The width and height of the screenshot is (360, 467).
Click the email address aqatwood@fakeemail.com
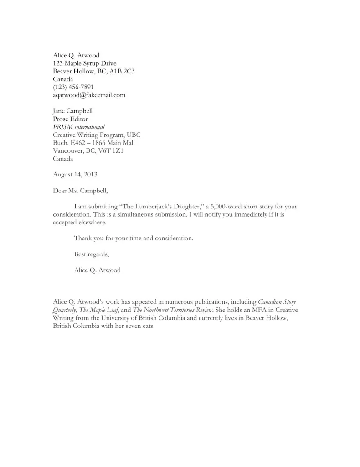pyautogui.click(x=89, y=95)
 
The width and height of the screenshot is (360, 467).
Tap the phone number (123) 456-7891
pyautogui.click(x=73, y=87)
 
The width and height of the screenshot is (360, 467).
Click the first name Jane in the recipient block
pyautogui.click(x=60, y=111)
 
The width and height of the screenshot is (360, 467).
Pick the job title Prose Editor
pyautogui.click(x=71, y=119)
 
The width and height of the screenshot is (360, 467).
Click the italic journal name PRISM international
pyautogui.click(x=79, y=127)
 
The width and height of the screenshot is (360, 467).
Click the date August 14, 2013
pyautogui.click(x=75, y=174)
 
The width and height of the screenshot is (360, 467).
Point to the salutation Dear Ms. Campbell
pyautogui.click(x=81, y=190)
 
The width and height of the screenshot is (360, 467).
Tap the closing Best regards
pyautogui.click(x=91, y=254)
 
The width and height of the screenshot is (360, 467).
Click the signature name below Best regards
pyautogui.click(x=97, y=270)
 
